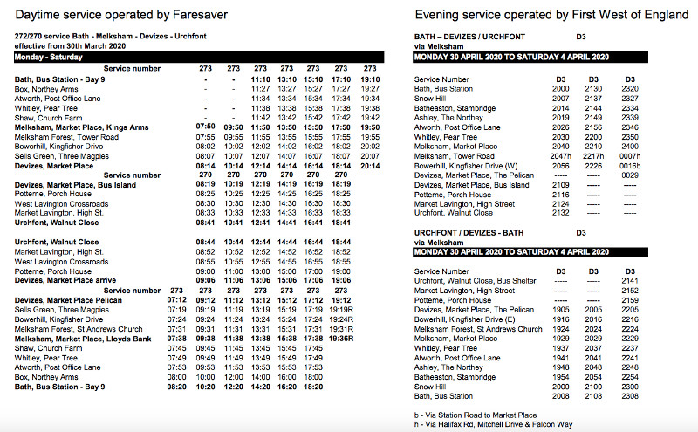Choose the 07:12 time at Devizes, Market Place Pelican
[x=176, y=299]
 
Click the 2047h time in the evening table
[x=563, y=156]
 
